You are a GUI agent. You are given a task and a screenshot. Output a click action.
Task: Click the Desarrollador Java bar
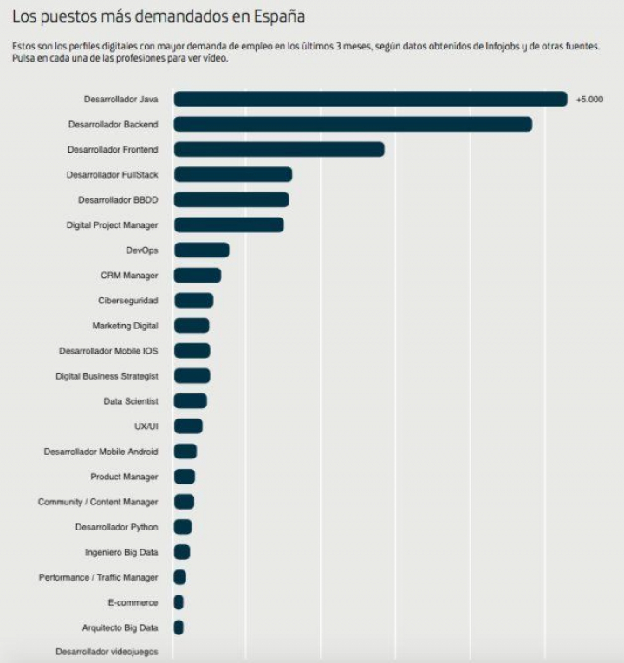[x=370, y=100]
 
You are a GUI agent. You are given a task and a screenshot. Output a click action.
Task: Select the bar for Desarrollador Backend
[x=353, y=125]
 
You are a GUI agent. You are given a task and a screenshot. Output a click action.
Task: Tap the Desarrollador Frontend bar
[x=278, y=150]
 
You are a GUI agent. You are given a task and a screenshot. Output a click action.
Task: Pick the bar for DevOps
[x=201, y=250]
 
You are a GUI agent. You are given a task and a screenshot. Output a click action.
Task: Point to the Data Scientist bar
[x=190, y=401]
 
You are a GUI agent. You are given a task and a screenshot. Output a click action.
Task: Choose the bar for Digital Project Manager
[x=229, y=225]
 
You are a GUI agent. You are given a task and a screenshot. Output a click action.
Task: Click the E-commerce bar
[x=179, y=602]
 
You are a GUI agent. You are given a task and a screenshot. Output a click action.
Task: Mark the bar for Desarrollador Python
[x=183, y=527]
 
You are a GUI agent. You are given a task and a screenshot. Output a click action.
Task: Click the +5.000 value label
[x=589, y=100]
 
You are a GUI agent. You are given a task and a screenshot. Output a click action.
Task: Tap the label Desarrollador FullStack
[x=112, y=175]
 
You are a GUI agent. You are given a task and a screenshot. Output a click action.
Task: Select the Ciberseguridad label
[x=128, y=301]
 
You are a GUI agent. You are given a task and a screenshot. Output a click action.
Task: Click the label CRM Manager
[x=129, y=276]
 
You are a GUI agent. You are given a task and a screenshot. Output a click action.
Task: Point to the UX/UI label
[x=146, y=426]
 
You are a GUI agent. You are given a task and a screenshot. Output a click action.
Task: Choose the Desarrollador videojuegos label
[x=107, y=651]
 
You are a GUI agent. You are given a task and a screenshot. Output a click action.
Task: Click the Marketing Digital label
[x=126, y=326]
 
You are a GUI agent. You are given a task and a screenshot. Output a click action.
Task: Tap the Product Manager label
[x=124, y=477]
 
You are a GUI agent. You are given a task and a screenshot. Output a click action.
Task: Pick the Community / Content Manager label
[x=98, y=502]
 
